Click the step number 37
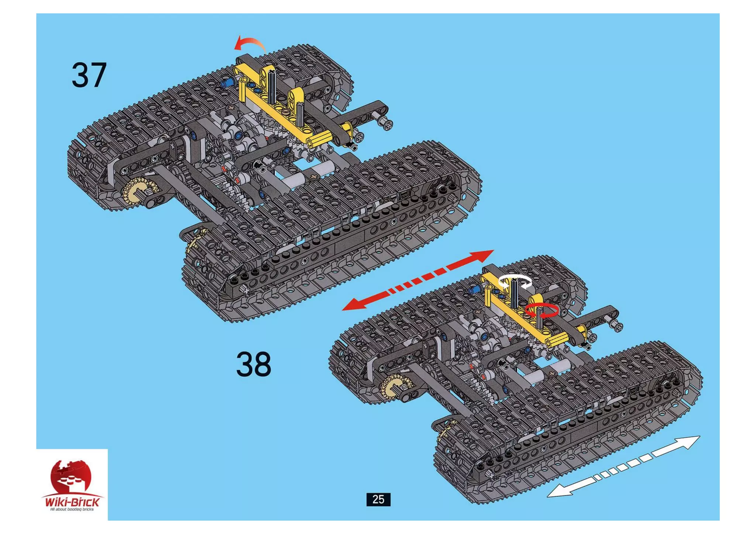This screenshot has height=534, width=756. [x=89, y=75]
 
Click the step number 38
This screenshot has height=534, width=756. [x=254, y=364]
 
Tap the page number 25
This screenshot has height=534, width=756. [x=378, y=499]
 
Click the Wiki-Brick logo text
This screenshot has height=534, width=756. [x=72, y=502]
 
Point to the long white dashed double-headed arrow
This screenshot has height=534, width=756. [x=623, y=466]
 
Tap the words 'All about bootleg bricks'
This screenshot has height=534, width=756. [x=72, y=510]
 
